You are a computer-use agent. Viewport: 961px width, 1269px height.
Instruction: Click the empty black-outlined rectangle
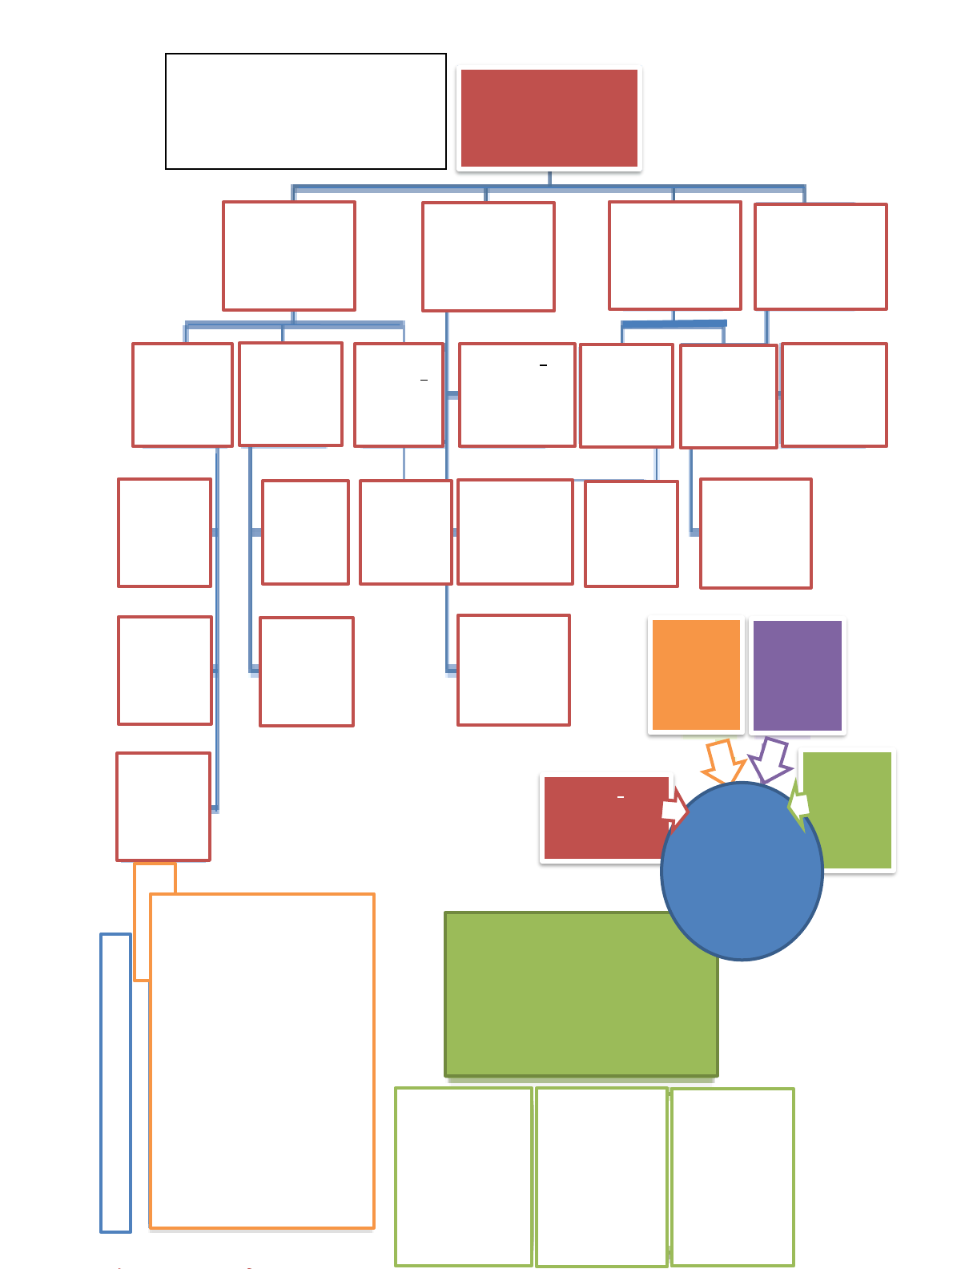pos(305,111)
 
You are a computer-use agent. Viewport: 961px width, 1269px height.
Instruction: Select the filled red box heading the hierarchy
pos(549,118)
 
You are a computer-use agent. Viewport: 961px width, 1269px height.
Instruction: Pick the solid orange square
pos(696,675)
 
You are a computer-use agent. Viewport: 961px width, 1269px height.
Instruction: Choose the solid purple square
pos(798,675)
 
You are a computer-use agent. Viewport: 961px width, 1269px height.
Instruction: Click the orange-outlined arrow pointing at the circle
pos(723,762)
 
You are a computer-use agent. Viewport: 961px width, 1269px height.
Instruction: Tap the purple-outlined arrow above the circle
pos(771,760)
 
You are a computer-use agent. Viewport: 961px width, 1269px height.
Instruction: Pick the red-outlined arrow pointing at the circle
pos(674,810)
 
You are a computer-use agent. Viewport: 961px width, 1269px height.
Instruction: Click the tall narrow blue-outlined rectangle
pos(115,1082)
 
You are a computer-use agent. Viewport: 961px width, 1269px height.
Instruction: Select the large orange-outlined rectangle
pos(262,1060)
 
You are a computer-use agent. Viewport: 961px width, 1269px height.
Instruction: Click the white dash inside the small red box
pos(621,797)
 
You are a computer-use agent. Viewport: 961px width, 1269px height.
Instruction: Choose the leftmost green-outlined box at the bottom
pos(464,1176)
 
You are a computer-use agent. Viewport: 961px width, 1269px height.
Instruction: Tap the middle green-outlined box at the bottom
pos(601,1176)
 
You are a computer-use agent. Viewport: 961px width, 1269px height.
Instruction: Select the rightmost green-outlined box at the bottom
pos(733,1176)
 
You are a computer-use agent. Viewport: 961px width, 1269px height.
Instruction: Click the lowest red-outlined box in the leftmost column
pos(163,806)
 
